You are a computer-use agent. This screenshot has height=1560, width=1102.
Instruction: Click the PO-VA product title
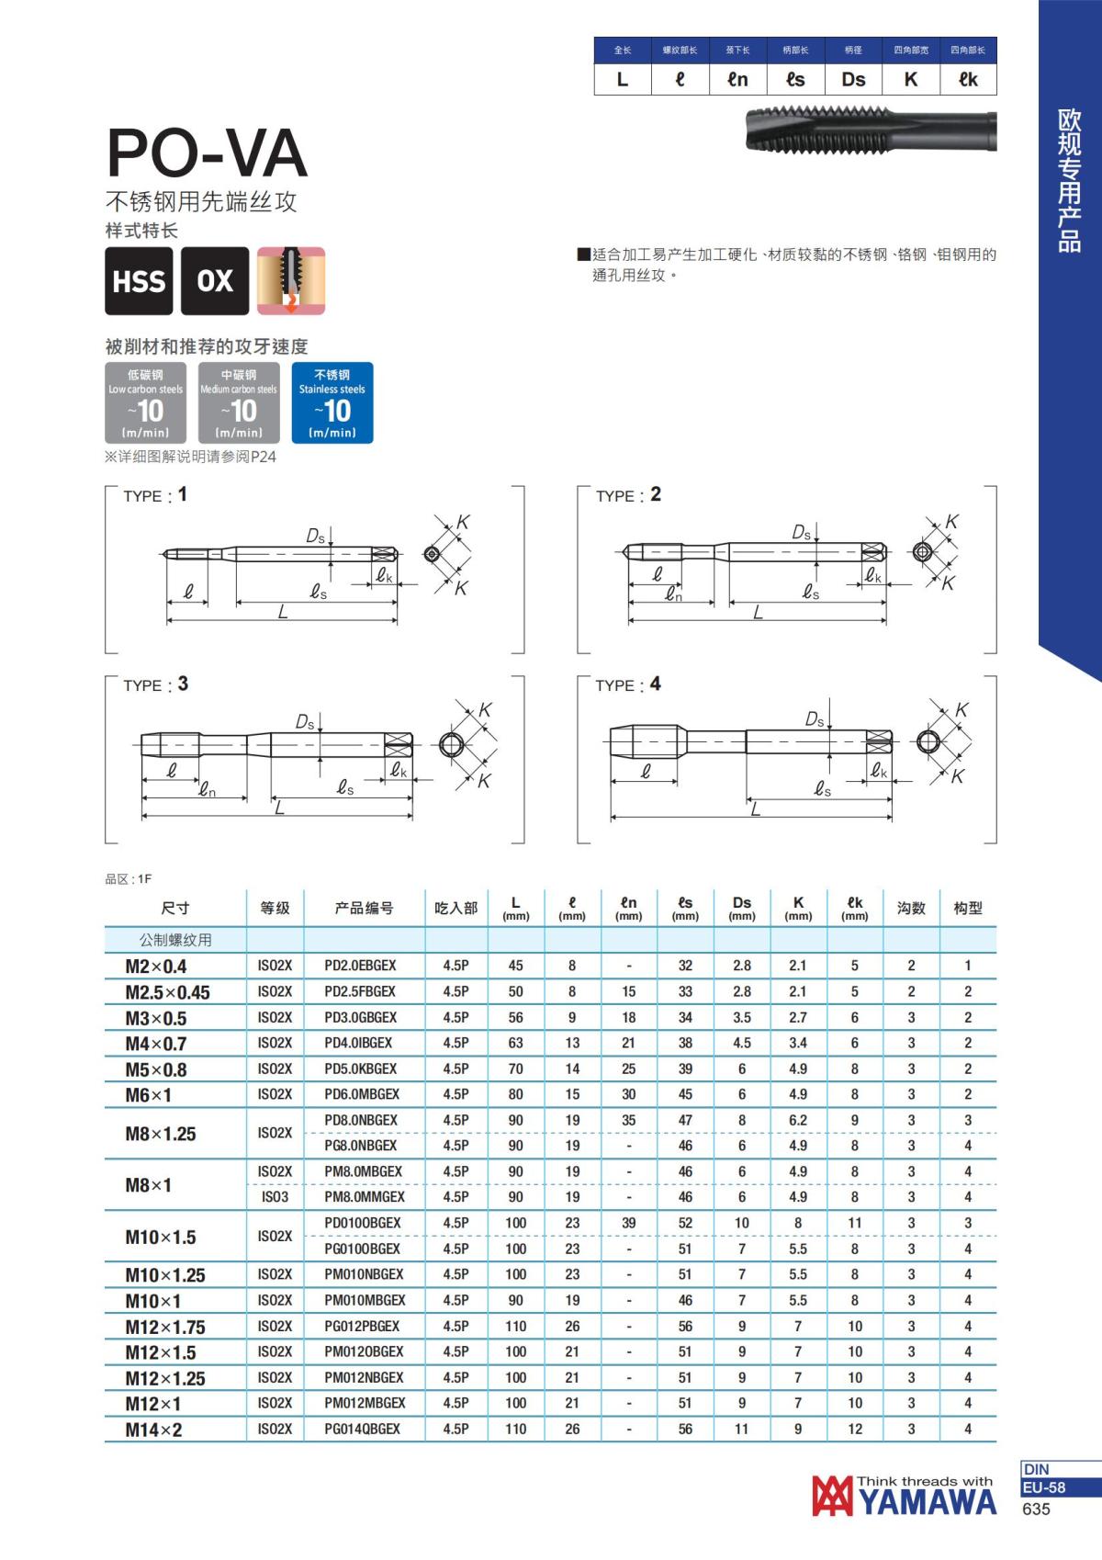pyautogui.click(x=207, y=153)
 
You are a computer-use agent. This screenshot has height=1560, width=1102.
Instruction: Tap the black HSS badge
pyautogui.click(x=139, y=281)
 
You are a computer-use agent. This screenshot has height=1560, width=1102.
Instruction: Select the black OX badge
pyautogui.click(x=215, y=281)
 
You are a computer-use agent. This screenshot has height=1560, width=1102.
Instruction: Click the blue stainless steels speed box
pyautogui.click(x=332, y=402)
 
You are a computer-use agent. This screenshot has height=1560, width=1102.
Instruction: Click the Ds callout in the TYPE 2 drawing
pyautogui.click(x=802, y=532)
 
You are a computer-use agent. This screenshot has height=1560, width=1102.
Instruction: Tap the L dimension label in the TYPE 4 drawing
pyautogui.click(x=755, y=809)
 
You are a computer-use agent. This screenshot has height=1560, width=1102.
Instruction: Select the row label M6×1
pyautogui.click(x=149, y=1095)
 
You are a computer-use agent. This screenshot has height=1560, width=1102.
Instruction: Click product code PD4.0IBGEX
pyautogui.click(x=358, y=1043)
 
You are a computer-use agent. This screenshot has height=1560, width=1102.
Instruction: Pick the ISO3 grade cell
pyautogui.click(x=275, y=1197)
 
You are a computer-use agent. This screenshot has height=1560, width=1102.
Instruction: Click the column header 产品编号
pyautogui.click(x=364, y=908)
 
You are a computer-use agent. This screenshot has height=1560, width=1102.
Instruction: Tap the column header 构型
pyautogui.click(x=968, y=908)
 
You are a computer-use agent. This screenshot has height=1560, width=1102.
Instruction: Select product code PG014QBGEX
pyautogui.click(x=362, y=1429)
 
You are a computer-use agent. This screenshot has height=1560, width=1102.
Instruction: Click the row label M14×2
pyautogui.click(x=153, y=1430)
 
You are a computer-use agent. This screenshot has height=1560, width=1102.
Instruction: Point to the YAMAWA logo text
pyautogui.click(x=928, y=1501)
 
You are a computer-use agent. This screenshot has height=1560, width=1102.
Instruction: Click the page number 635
pyautogui.click(x=1035, y=1509)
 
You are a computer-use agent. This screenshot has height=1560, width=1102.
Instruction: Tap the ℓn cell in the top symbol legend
pyautogui.click(x=737, y=79)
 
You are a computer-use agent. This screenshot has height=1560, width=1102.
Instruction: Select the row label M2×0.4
pyautogui.click(x=155, y=967)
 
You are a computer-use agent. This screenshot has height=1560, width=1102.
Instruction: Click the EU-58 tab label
pyautogui.click(x=1044, y=1487)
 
